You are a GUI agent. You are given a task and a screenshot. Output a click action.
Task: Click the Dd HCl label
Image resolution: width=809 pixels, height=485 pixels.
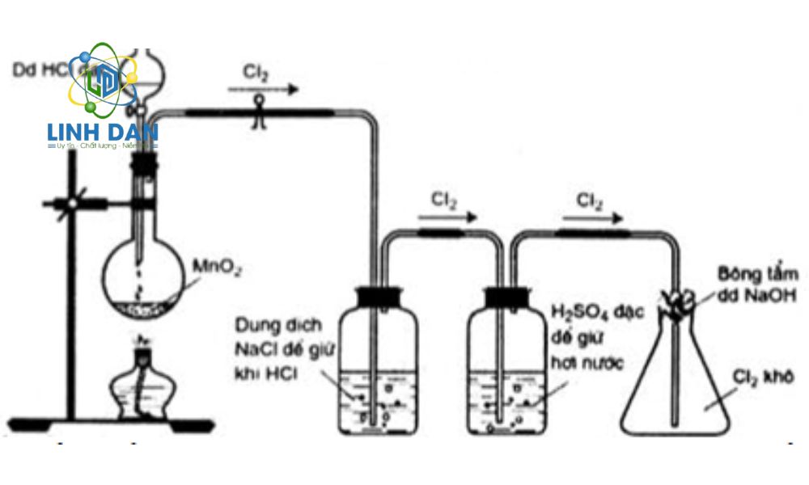[36, 70]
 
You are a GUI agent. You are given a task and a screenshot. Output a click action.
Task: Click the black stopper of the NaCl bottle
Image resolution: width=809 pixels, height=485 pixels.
[377, 297]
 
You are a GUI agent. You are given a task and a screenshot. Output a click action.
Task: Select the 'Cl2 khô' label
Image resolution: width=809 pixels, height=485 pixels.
[761, 377]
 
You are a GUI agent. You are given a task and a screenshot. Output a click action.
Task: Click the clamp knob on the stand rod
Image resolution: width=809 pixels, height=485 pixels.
[72, 203]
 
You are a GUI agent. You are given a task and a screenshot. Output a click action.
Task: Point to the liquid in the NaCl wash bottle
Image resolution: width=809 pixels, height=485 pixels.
[377, 400]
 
